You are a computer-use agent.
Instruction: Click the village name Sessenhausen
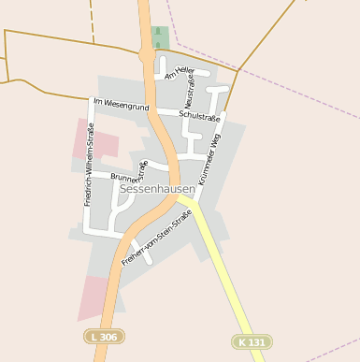157,189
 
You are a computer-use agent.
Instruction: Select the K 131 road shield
252,341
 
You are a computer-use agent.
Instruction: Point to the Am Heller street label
179,72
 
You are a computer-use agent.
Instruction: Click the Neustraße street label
190,94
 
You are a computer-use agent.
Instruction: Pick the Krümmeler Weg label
210,156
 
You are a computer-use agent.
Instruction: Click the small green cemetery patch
157,37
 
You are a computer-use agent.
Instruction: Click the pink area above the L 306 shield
94,297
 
